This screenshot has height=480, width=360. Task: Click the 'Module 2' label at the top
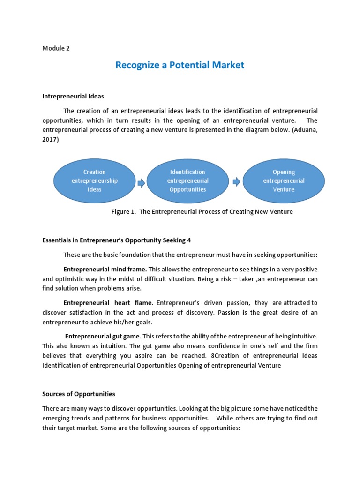56,48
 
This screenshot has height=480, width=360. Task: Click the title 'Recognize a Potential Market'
180,65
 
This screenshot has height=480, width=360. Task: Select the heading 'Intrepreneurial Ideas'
73,96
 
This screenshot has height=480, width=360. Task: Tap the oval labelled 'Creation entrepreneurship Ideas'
95,180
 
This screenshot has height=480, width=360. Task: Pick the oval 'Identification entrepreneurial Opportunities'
187,180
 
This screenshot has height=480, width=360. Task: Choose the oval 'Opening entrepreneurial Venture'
284,180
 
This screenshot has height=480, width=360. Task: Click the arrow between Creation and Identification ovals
141,183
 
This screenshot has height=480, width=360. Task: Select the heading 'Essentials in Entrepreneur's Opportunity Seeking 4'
116,240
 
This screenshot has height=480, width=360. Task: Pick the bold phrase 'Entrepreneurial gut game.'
103,337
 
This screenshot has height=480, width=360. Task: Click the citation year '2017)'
51,139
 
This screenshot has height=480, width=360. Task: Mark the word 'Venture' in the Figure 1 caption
281,211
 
